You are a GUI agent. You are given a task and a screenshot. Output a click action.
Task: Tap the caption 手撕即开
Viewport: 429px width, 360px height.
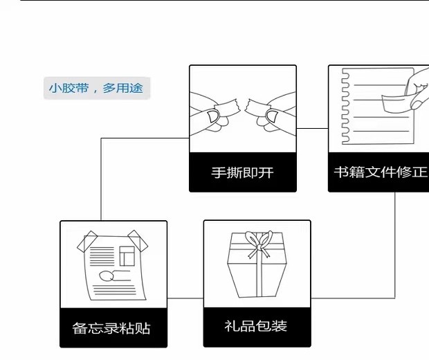(x=242, y=172)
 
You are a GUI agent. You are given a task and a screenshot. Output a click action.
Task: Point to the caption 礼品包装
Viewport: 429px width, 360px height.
(x=255, y=325)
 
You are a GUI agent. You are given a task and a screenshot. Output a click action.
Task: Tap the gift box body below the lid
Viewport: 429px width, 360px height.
(x=257, y=276)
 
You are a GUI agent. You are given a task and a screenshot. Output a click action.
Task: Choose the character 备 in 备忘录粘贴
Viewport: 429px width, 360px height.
(x=80, y=327)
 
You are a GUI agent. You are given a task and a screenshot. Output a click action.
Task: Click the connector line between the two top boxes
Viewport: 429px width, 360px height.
(x=312, y=128)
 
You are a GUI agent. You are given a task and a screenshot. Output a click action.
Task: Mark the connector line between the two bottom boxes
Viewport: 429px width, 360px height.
(x=185, y=298)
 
